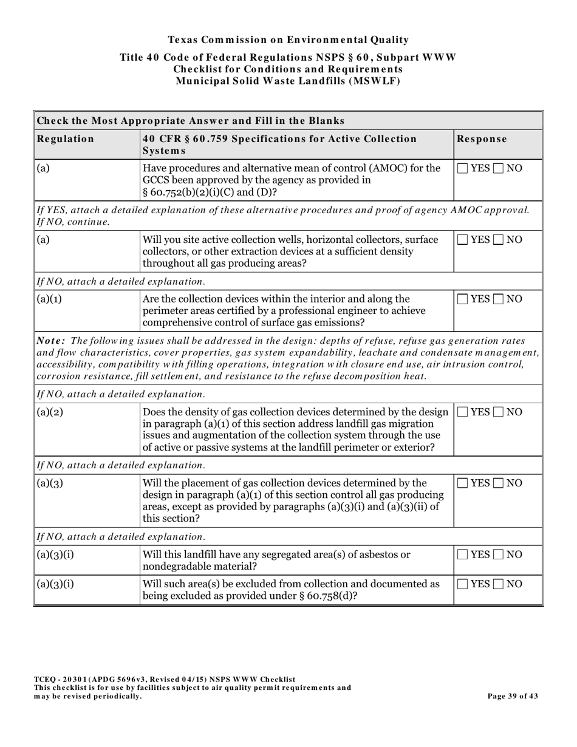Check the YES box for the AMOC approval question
click(463, 169)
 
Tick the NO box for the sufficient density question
click(499, 240)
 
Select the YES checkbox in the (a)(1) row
click(463, 299)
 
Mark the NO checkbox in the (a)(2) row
click(499, 412)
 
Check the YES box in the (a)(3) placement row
click(463, 483)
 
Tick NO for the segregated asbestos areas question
click(499, 554)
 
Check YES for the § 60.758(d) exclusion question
click(463, 584)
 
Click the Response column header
click(482, 139)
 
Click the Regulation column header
click(66, 139)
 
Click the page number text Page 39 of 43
click(513, 697)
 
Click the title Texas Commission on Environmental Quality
click(288, 40)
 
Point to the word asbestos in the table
click(374, 554)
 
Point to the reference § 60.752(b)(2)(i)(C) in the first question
click(195, 192)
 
